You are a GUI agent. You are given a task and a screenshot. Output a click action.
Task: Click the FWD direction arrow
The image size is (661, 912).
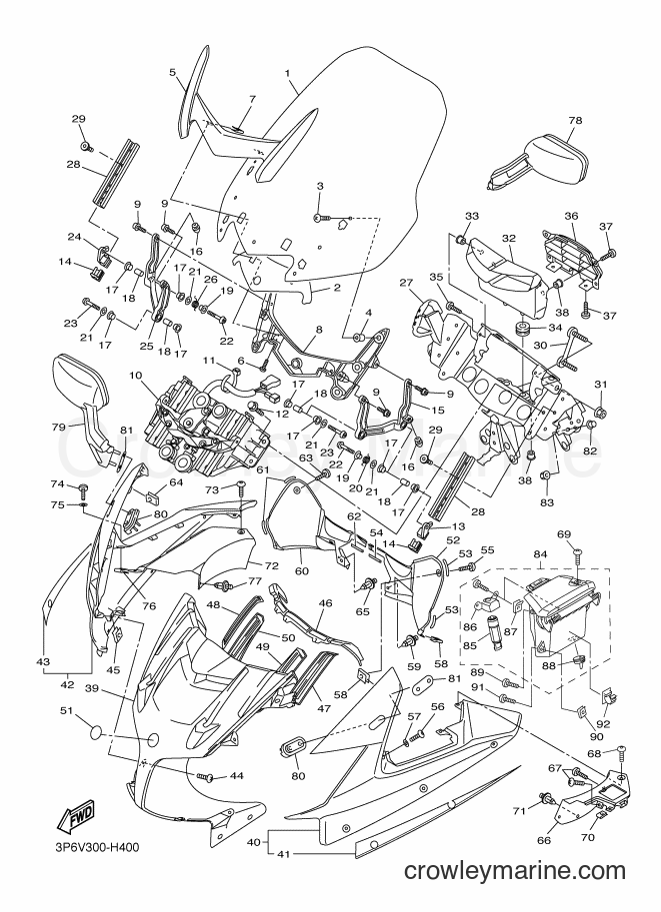tap(75, 815)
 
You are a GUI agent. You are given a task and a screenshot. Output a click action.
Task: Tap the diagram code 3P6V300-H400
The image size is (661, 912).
tap(97, 847)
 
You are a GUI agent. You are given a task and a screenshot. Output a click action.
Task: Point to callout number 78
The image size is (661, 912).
tap(575, 120)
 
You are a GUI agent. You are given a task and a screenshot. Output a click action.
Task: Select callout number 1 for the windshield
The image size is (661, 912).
tap(287, 73)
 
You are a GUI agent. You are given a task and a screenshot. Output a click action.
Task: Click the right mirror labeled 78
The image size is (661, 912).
tap(541, 161)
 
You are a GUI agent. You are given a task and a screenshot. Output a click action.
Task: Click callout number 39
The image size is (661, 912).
tap(93, 688)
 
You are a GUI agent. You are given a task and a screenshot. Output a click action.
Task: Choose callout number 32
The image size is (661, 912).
tap(509, 238)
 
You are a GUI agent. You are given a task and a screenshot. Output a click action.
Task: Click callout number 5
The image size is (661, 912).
tap(172, 73)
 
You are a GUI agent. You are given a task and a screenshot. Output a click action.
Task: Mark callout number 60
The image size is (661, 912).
tap(301, 570)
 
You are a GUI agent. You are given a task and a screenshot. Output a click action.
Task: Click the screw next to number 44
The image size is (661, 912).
tap(204, 776)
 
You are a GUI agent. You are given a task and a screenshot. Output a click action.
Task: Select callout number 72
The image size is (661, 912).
tap(271, 565)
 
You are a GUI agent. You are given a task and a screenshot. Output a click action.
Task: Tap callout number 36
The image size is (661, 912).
tap(571, 216)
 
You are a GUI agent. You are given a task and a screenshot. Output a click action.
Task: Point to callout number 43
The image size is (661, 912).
tap(43, 661)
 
